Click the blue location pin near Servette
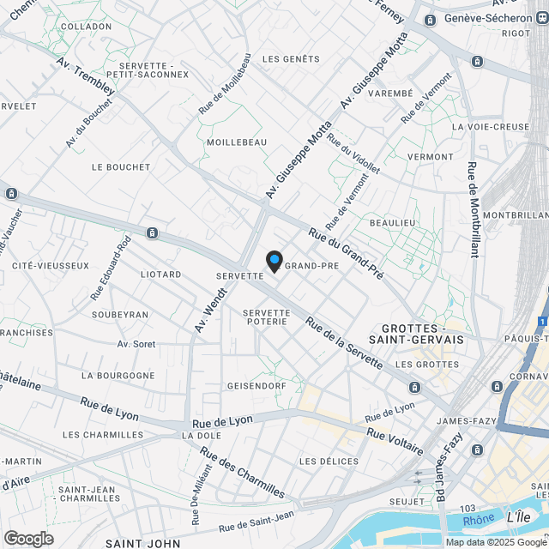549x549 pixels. (x=274, y=261)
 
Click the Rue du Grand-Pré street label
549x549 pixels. (x=346, y=255)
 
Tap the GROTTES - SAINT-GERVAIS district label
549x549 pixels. (x=422, y=334)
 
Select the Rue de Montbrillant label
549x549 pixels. (x=473, y=209)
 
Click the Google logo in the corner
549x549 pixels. (x=27, y=539)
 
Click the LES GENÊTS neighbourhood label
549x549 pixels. (x=290, y=59)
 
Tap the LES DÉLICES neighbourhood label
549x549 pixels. (x=329, y=462)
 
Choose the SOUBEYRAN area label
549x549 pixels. (x=119, y=315)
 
